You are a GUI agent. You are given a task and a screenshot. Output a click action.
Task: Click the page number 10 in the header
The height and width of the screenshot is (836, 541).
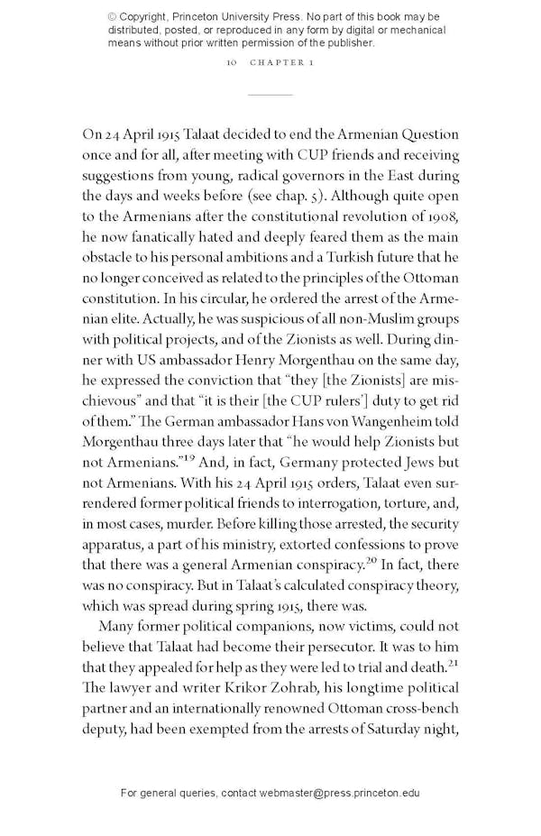point(232,64)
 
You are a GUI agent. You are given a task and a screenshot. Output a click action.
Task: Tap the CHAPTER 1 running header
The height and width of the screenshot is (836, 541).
point(282,64)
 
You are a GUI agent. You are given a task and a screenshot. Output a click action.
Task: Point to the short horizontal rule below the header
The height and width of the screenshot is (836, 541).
point(270,95)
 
